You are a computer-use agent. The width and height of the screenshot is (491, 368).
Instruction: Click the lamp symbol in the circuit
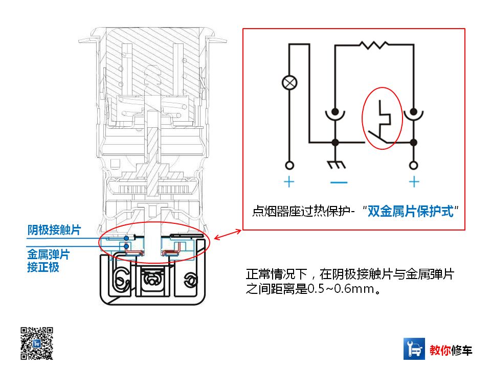click(x=290, y=82)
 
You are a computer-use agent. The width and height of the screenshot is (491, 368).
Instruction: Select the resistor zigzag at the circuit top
click(x=374, y=45)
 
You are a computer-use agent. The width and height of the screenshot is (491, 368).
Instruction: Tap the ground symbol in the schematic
click(x=336, y=165)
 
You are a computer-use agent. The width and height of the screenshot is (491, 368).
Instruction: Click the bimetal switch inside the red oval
click(x=383, y=120)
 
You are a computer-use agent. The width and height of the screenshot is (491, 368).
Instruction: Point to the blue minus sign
click(x=338, y=182)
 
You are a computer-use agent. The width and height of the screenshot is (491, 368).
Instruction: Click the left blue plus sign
click(x=289, y=182)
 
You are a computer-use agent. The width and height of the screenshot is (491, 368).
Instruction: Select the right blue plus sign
click(x=414, y=182)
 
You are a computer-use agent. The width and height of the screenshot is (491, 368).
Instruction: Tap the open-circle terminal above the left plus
click(x=289, y=166)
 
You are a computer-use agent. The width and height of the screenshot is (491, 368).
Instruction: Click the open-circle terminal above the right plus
click(x=414, y=166)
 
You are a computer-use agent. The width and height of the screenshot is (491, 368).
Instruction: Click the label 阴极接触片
click(x=54, y=230)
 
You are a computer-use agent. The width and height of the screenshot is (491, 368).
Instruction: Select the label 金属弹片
click(x=48, y=254)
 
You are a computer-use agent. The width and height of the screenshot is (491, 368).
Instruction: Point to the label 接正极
click(x=43, y=267)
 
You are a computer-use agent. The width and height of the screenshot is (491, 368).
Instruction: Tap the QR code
click(x=37, y=342)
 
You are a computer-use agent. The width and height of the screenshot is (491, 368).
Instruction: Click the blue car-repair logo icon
click(x=414, y=349)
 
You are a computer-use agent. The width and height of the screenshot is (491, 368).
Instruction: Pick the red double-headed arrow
click(x=228, y=235)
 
